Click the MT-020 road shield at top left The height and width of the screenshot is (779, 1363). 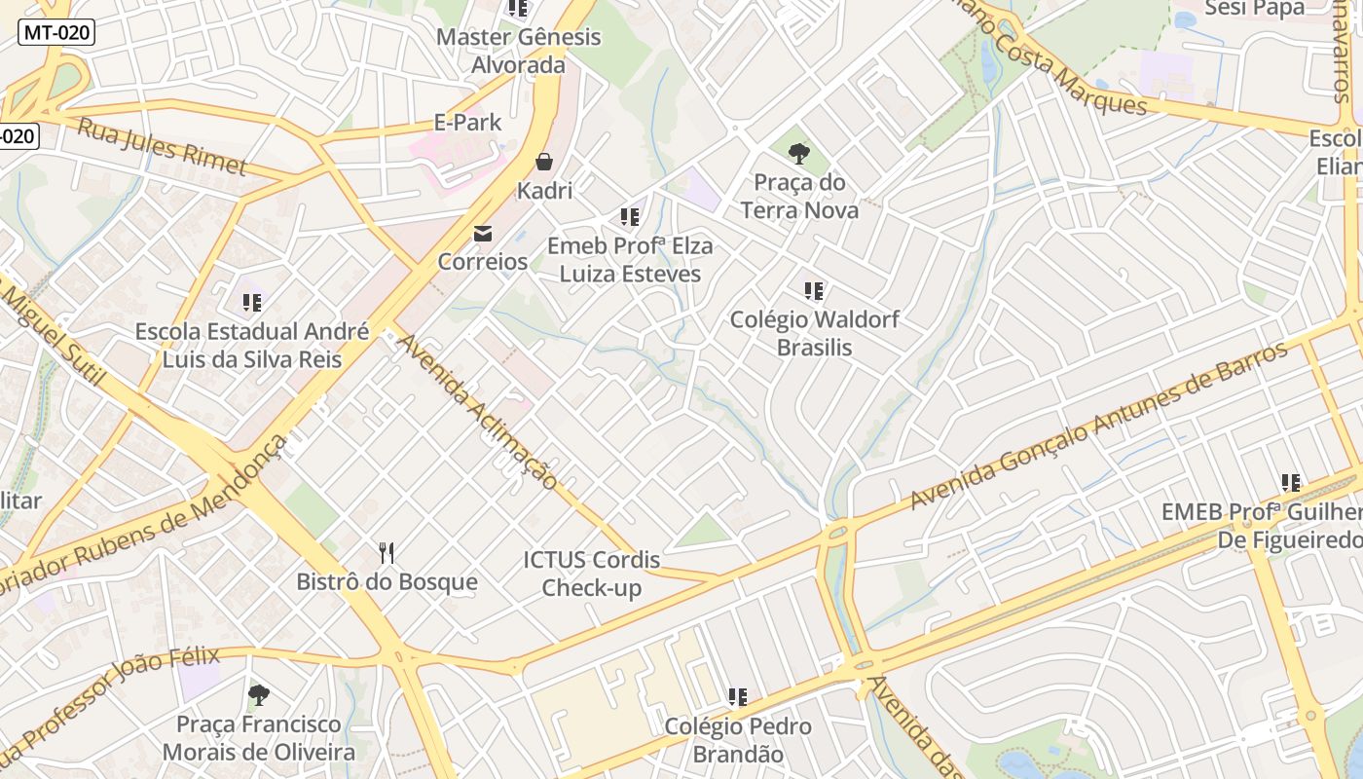point(56,32)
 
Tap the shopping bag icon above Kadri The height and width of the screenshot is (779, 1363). point(544,161)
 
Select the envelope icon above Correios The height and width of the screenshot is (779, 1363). point(483,233)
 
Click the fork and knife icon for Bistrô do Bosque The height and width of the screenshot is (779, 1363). point(387,554)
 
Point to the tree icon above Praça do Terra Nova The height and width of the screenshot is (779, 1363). point(799,153)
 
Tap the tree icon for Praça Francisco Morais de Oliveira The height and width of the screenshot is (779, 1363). point(258,695)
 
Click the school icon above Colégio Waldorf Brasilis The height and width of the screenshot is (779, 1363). point(814,290)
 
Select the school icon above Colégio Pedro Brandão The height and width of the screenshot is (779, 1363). point(738,697)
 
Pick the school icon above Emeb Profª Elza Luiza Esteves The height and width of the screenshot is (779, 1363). point(630,216)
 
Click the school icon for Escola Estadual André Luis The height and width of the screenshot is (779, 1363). point(252,303)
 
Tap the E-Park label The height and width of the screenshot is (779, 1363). point(467,122)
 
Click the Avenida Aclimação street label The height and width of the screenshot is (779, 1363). point(477,412)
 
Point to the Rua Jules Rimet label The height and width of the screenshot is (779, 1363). point(162,147)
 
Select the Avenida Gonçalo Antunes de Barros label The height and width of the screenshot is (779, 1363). point(1098,426)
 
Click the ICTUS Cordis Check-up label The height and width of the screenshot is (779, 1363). point(592,574)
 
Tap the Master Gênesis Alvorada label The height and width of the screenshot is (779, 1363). point(519,51)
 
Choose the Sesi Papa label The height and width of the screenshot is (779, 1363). point(1254,9)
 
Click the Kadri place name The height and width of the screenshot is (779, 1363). point(544,190)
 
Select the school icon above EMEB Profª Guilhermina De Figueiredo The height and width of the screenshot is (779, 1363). point(1291,482)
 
